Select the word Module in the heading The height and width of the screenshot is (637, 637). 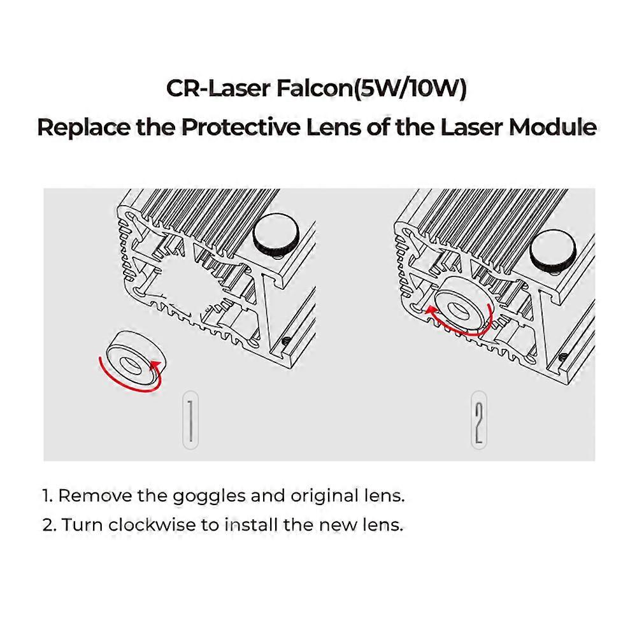coord(552,127)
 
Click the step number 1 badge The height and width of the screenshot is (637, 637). coord(190,422)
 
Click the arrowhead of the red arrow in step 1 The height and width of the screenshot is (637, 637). coord(155,365)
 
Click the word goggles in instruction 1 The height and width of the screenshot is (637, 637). coord(203,496)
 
